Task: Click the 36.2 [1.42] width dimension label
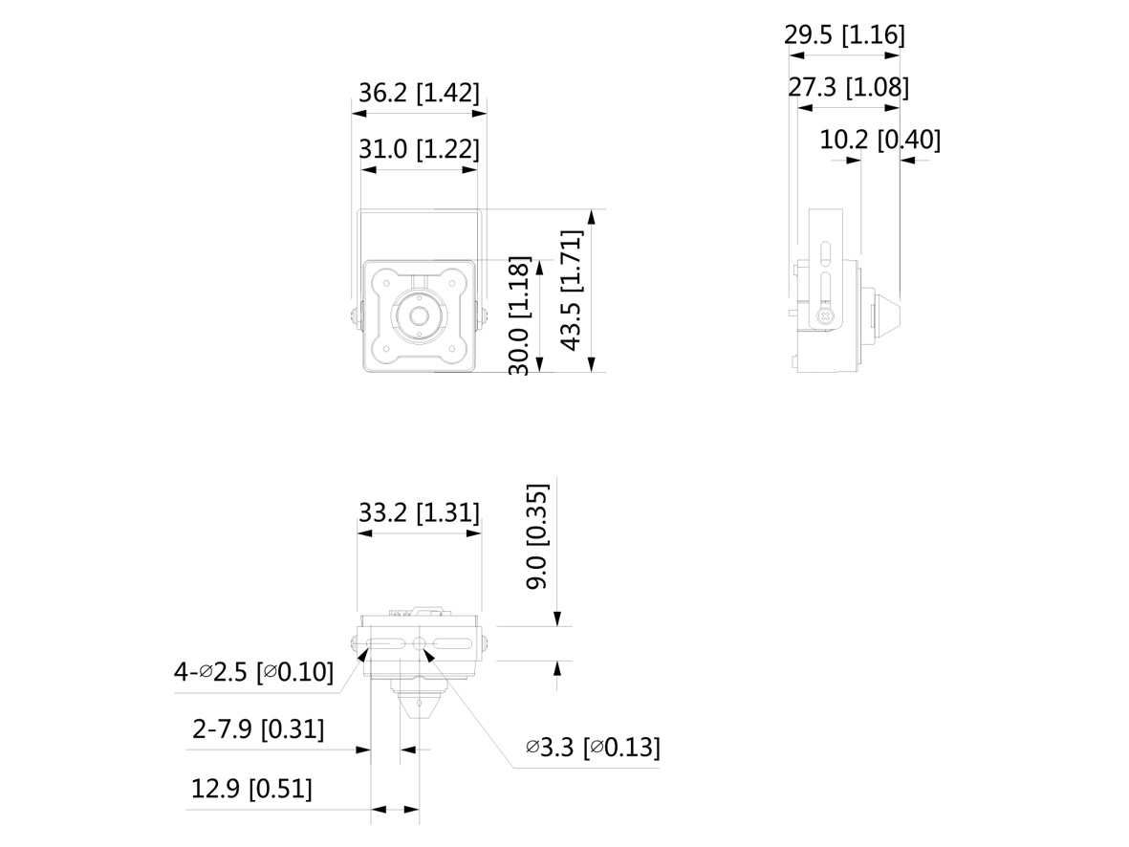[x=419, y=93]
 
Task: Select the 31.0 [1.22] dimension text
[x=419, y=149]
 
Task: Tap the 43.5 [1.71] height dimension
[x=572, y=291]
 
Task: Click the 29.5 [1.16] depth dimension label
[x=844, y=33]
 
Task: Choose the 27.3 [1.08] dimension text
[x=848, y=86]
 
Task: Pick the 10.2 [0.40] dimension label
[x=879, y=139]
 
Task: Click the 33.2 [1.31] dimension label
[x=419, y=512]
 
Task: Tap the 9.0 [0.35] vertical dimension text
[x=537, y=536]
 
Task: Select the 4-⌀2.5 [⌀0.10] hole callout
[x=253, y=672]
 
